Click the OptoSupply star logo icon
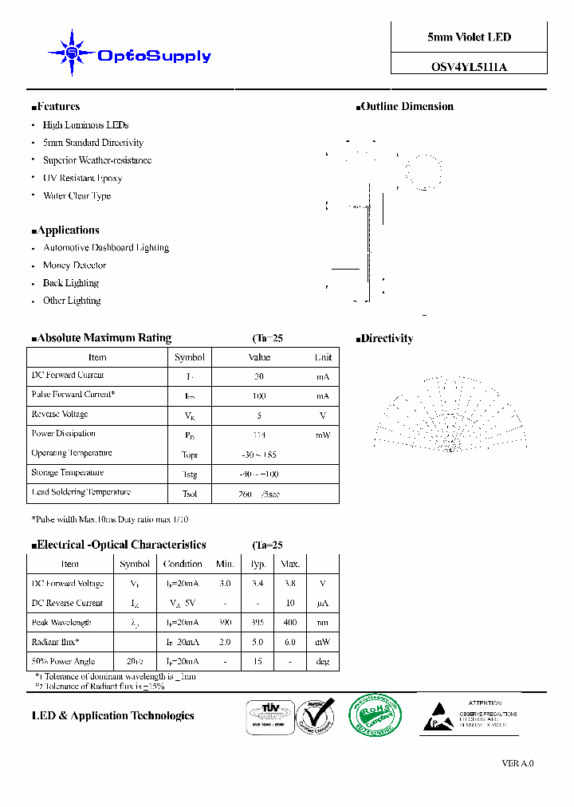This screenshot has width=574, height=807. (x=72, y=53)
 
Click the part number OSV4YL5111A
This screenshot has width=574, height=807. (x=469, y=67)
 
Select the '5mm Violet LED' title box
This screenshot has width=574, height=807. (x=469, y=37)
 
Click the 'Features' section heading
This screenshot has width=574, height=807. (x=57, y=106)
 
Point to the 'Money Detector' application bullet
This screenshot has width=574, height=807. (x=74, y=266)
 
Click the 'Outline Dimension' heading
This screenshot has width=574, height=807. (x=407, y=106)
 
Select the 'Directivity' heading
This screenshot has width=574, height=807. (x=387, y=338)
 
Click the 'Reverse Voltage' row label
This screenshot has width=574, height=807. (x=60, y=414)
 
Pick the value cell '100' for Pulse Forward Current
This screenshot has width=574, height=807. (x=259, y=396)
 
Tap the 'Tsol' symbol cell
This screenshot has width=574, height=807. (x=190, y=494)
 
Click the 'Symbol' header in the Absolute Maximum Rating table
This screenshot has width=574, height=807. (x=190, y=357)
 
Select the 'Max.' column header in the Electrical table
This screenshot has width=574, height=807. (x=289, y=564)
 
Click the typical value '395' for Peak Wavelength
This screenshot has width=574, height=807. (x=258, y=623)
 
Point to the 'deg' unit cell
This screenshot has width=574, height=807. (x=323, y=662)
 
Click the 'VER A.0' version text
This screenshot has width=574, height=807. (x=517, y=763)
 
